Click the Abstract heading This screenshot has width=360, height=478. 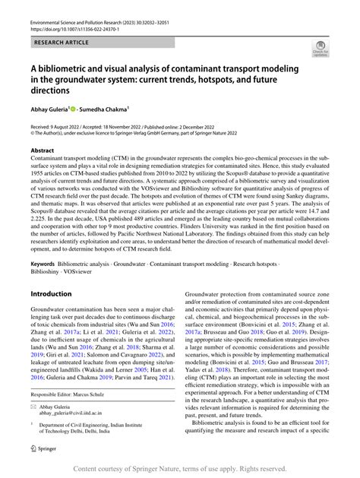coord(43,150)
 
